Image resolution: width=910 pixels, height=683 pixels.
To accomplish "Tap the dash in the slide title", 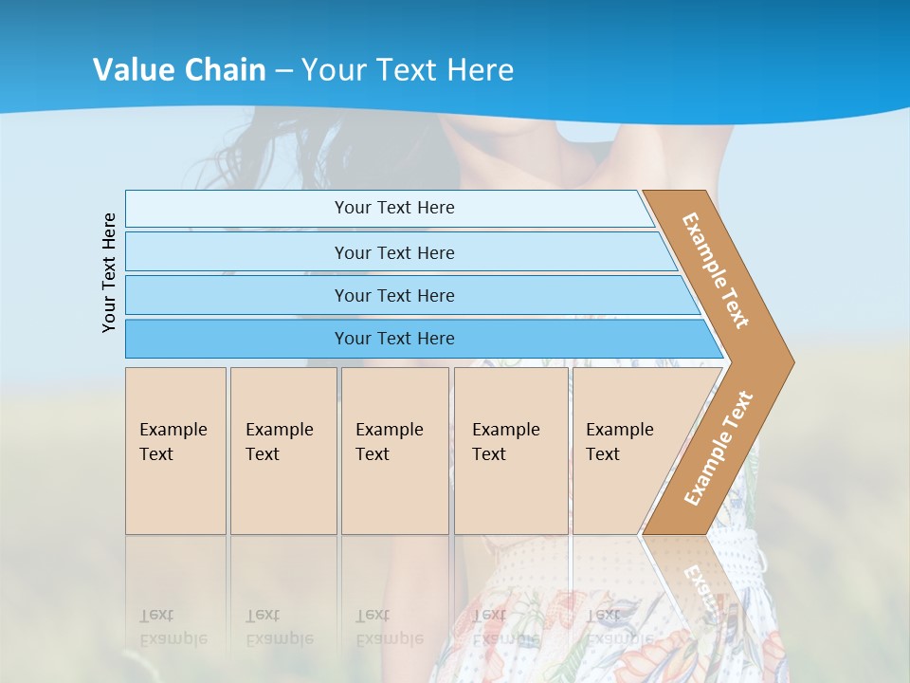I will tap(283, 70).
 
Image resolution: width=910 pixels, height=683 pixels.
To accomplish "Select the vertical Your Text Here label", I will tap(109, 273).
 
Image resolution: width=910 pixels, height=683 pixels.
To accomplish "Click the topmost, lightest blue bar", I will tap(393, 208).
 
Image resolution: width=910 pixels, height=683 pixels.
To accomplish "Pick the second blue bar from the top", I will tap(393, 252).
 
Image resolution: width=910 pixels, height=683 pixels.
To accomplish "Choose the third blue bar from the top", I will tap(393, 295).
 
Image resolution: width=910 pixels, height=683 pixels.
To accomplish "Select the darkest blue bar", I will tap(393, 339).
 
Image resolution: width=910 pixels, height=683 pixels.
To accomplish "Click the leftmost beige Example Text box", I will tap(175, 450).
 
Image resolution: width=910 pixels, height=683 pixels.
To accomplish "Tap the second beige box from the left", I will tap(282, 450).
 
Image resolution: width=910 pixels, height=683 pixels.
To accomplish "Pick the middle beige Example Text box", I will tap(394, 450).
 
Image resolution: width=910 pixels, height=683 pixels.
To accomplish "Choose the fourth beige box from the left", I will tap(510, 450).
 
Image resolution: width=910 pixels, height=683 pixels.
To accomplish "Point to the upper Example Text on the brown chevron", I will tap(716, 270).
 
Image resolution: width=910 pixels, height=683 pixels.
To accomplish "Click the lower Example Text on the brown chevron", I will tap(719, 448).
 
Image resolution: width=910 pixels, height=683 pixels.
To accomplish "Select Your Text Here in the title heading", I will tap(408, 69).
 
